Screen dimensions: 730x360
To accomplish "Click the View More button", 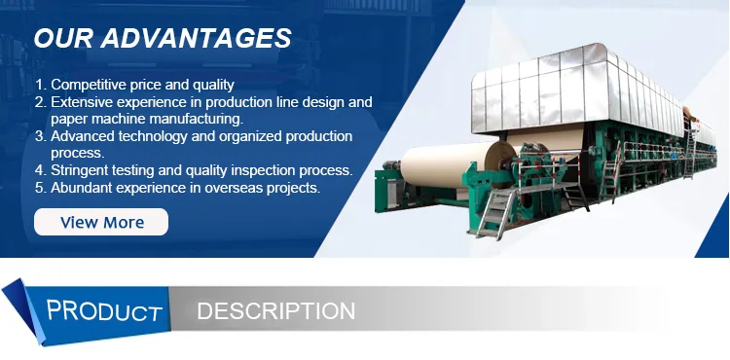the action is pyautogui.click(x=101, y=222).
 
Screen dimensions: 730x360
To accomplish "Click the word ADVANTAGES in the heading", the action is pyautogui.click(x=196, y=38).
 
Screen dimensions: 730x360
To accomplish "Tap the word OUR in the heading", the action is pyautogui.click(x=63, y=38).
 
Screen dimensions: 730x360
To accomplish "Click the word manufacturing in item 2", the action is pyautogui.click(x=196, y=119).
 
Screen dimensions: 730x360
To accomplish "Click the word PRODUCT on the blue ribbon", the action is pyautogui.click(x=104, y=310).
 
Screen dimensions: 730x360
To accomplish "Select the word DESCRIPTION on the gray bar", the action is pyautogui.click(x=276, y=310).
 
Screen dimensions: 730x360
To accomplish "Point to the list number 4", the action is pyautogui.click(x=39, y=170).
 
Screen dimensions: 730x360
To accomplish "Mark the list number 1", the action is pyautogui.click(x=39, y=85).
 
